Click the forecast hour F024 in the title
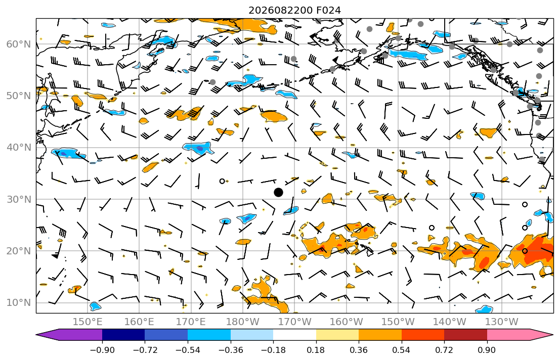coord(328,10)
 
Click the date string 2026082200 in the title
coord(281,10)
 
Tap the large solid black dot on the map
coord(278,193)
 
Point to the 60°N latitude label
coord(19,44)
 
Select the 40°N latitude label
coord(19,148)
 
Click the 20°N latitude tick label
coord(19,251)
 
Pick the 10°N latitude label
coord(19,303)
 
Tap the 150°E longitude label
coord(88,322)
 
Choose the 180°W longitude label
coord(243,322)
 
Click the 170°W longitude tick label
coord(294,322)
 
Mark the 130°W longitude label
coord(502,322)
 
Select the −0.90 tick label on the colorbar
coord(102,350)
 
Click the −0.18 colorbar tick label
coord(274,350)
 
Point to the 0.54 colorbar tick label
coord(402,350)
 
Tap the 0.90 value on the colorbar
coord(487,350)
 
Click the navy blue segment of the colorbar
coord(124,335)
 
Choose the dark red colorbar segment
coord(465,335)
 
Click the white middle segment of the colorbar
coord(295,335)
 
